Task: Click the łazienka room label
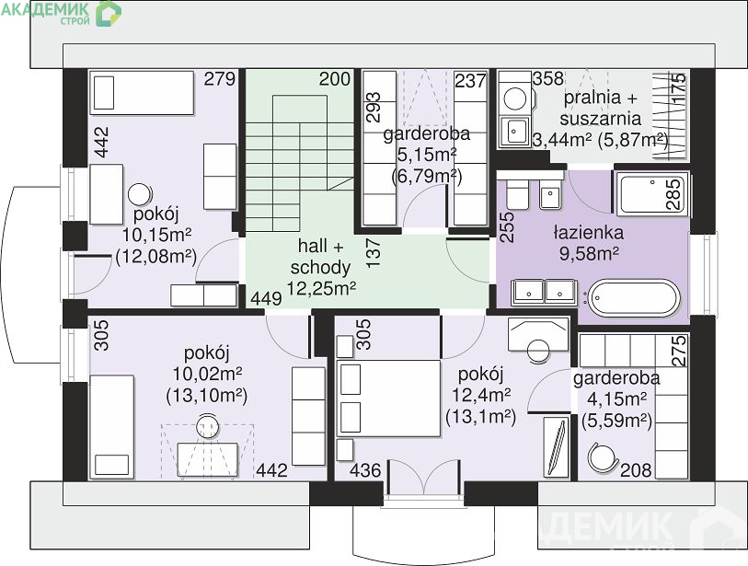[x=588, y=233]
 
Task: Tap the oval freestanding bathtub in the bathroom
[x=633, y=298]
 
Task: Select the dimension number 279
[x=220, y=79]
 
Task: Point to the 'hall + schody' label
[x=320, y=257]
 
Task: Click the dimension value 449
[x=266, y=299]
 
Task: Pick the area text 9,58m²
[x=589, y=253]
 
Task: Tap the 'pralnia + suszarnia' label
[x=601, y=108]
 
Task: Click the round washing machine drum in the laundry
[x=515, y=98]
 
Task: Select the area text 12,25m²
[x=321, y=288]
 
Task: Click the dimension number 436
[x=365, y=470]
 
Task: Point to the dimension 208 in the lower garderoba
[x=636, y=470]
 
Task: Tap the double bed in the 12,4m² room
[x=388, y=399]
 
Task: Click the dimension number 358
[x=548, y=79]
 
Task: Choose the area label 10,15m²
[x=156, y=235]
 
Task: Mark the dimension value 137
[x=374, y=253]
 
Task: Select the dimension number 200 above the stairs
[x=335, y=79]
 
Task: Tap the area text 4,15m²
[x=616, y=399]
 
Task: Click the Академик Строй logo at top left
[x=61, y=13]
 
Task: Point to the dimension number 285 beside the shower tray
[x=673, y=194]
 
